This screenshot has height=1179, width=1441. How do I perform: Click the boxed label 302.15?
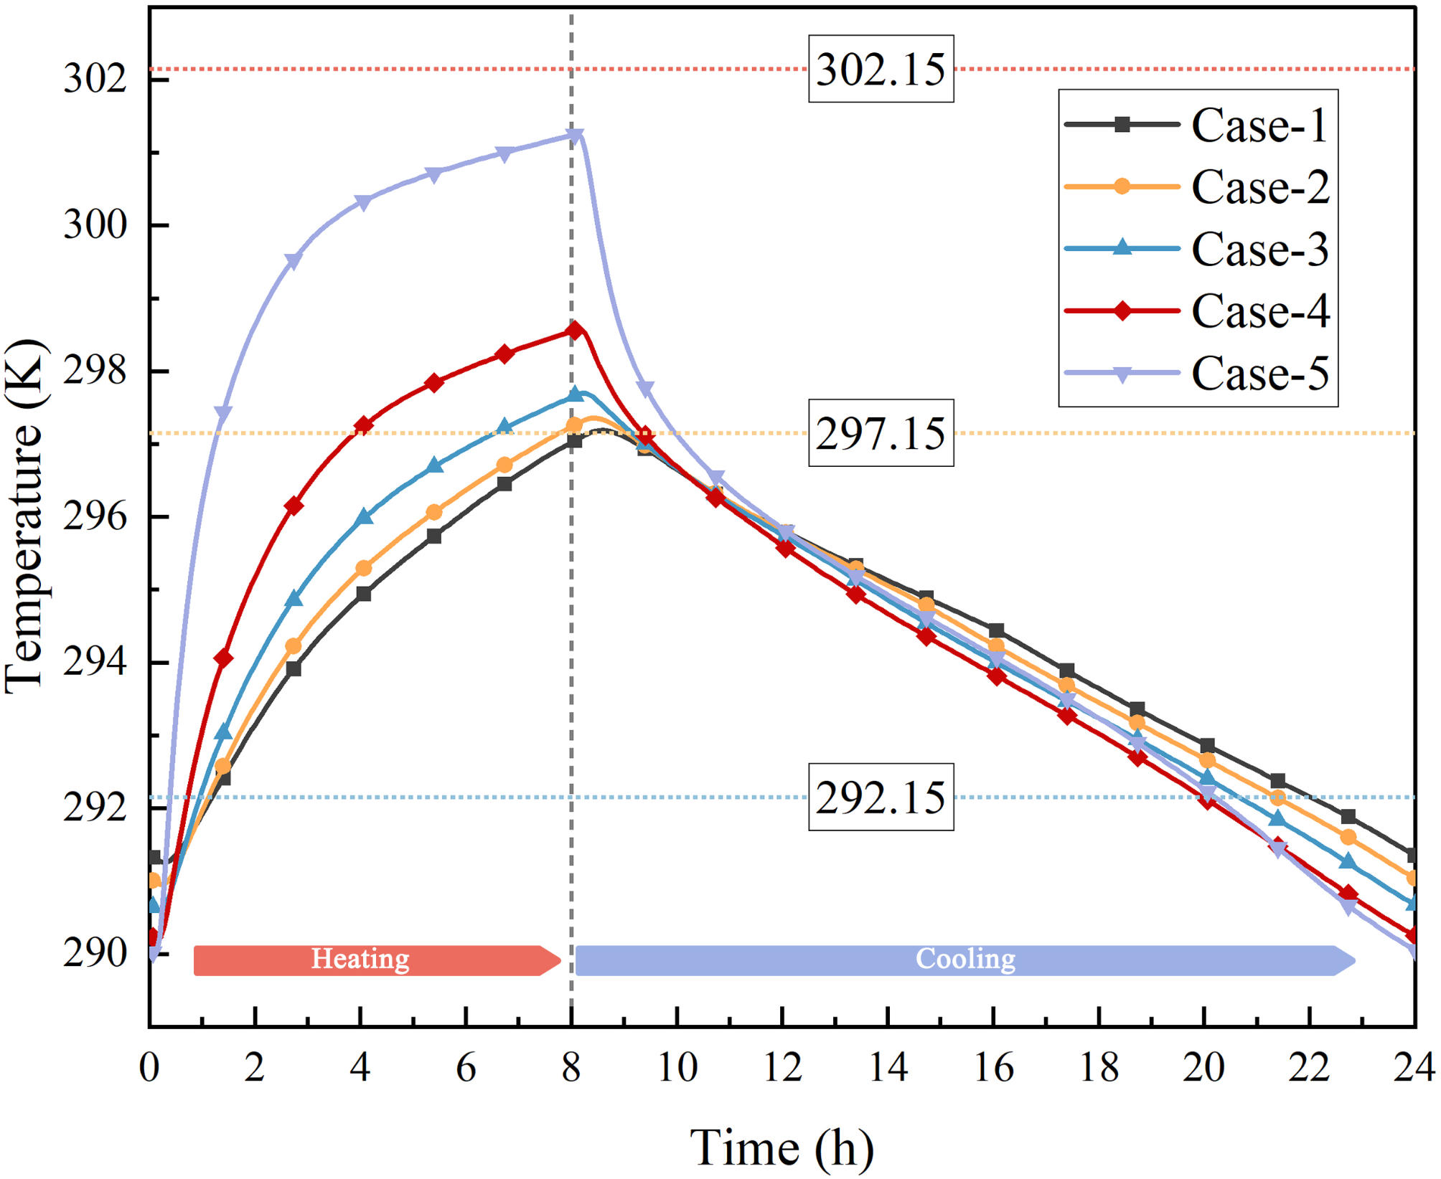tap(881, 70)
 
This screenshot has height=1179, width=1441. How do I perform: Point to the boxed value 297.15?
tap(881, 433)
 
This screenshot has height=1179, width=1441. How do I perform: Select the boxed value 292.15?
tap(881, 797)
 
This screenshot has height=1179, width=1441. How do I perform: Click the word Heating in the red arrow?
tap(360, 959)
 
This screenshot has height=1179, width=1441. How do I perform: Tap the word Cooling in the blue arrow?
tap(965, 959)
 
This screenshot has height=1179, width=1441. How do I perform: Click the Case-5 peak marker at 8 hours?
tap(575, 135)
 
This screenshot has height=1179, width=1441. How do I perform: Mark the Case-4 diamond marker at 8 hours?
tap(574, 331)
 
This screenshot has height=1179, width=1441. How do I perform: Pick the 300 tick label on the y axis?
tap(95, 225)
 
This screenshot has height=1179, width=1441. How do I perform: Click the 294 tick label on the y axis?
tap(95, 662)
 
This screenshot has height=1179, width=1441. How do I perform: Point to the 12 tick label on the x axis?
tap(782, 1067)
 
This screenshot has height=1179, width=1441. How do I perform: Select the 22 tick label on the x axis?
tap(1309, 1067)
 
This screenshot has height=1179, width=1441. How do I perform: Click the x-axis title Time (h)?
tap(782, 1147)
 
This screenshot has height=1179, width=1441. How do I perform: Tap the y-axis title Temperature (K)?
tap(25, 516)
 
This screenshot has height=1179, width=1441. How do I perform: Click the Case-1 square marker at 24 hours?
tap(1412, 855)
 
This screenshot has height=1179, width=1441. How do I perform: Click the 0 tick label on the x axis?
tap(149, 1067)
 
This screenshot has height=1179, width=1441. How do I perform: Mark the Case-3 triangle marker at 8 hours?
tap(575, 394)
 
